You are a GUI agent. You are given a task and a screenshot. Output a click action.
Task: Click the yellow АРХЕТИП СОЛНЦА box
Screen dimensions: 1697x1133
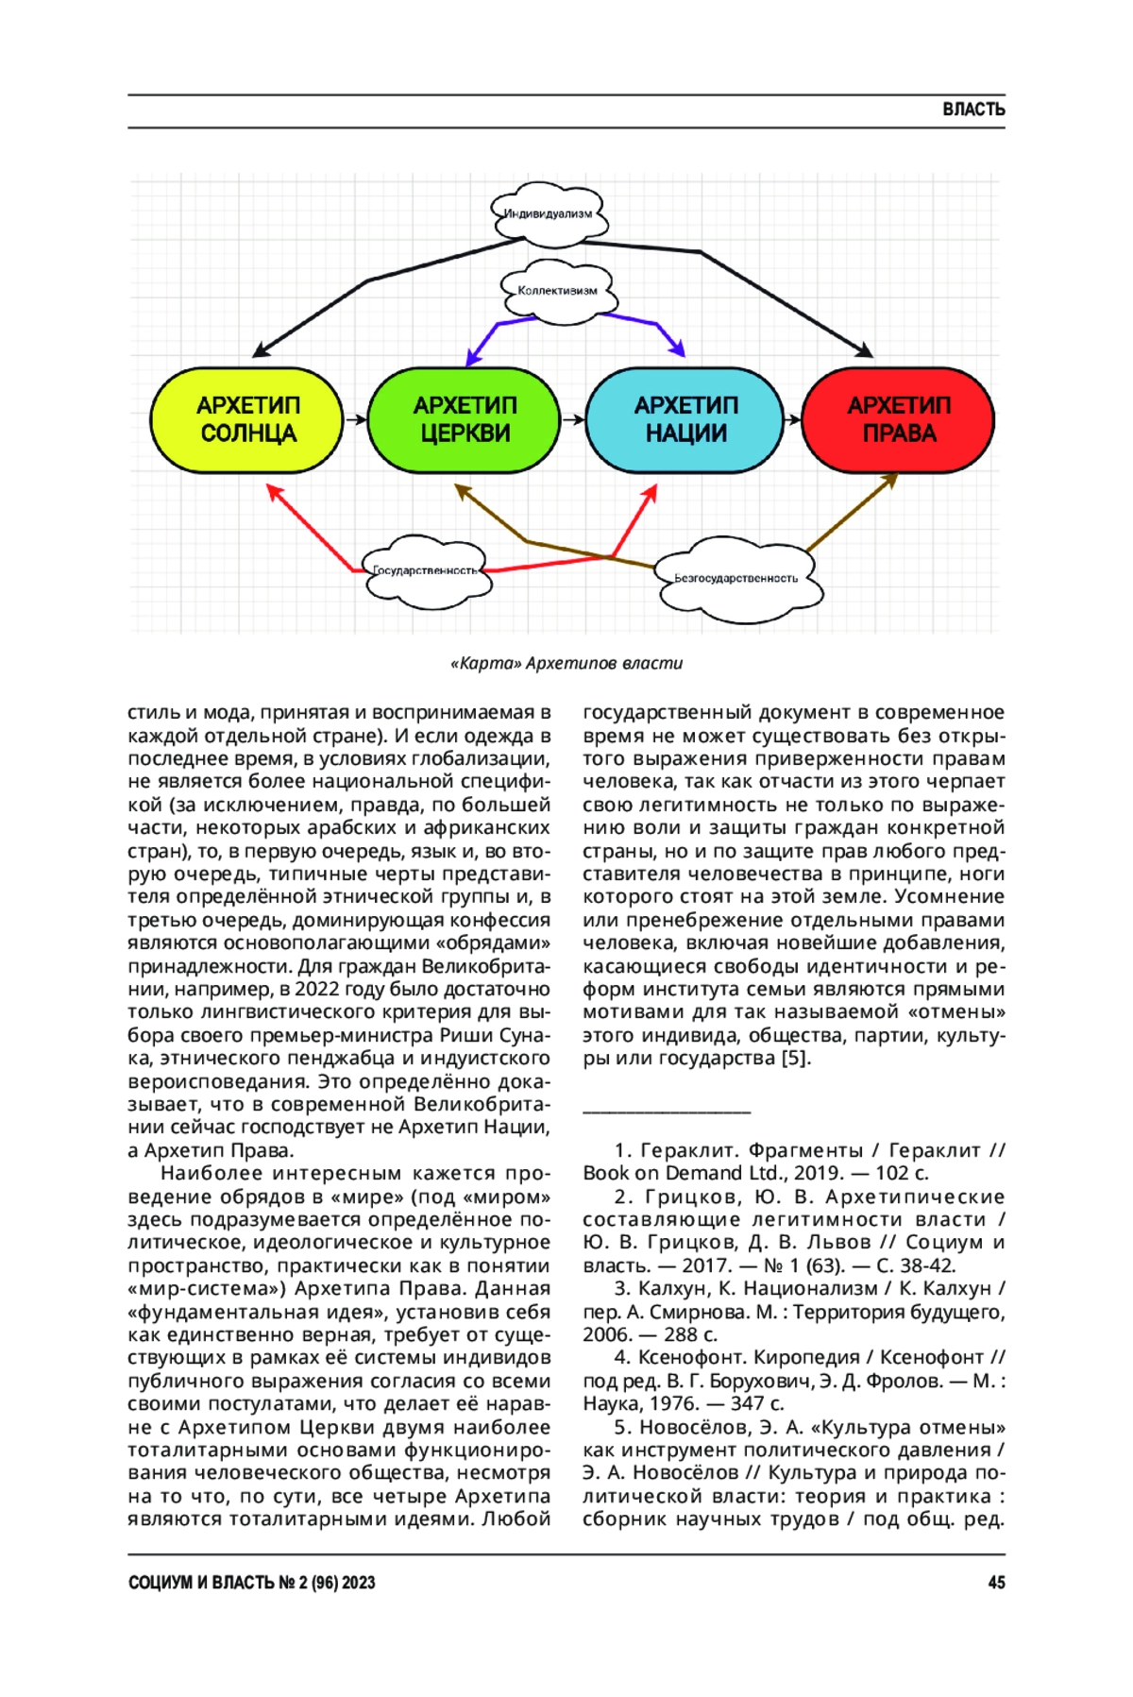(247, 419)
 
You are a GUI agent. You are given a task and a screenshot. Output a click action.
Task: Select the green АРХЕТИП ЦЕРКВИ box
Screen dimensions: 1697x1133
(465, 419)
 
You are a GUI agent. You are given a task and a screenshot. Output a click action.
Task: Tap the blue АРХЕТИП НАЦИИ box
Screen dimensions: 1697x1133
(685, 419)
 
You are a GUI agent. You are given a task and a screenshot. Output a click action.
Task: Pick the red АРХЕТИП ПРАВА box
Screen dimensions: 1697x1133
(898, 419)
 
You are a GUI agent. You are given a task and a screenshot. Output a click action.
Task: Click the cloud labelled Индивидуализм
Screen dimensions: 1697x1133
(549, 214)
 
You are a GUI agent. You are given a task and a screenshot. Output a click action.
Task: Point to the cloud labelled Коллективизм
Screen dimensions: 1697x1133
(557, 291)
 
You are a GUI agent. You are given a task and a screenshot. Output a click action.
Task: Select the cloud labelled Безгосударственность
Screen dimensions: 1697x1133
(736, 578)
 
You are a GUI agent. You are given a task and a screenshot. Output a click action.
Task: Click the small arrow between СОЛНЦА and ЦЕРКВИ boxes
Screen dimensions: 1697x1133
(355, 419)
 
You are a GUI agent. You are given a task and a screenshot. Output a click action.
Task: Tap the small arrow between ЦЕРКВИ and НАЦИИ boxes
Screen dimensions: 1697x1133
(573, 419)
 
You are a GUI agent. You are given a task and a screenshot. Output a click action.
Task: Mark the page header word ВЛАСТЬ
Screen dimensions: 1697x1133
(973, 110)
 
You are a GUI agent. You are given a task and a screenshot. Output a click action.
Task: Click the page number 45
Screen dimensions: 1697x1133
(996, 1583)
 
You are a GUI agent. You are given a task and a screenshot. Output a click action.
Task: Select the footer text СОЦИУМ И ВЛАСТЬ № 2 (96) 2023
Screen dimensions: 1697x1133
(252, 1583)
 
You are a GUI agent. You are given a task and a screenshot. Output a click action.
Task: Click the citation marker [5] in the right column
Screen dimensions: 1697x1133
(795, 1058)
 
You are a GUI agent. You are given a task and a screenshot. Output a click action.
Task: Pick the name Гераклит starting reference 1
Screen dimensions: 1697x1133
(684, 1150)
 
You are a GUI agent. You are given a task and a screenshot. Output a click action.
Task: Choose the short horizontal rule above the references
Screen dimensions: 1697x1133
(667, 1112)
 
